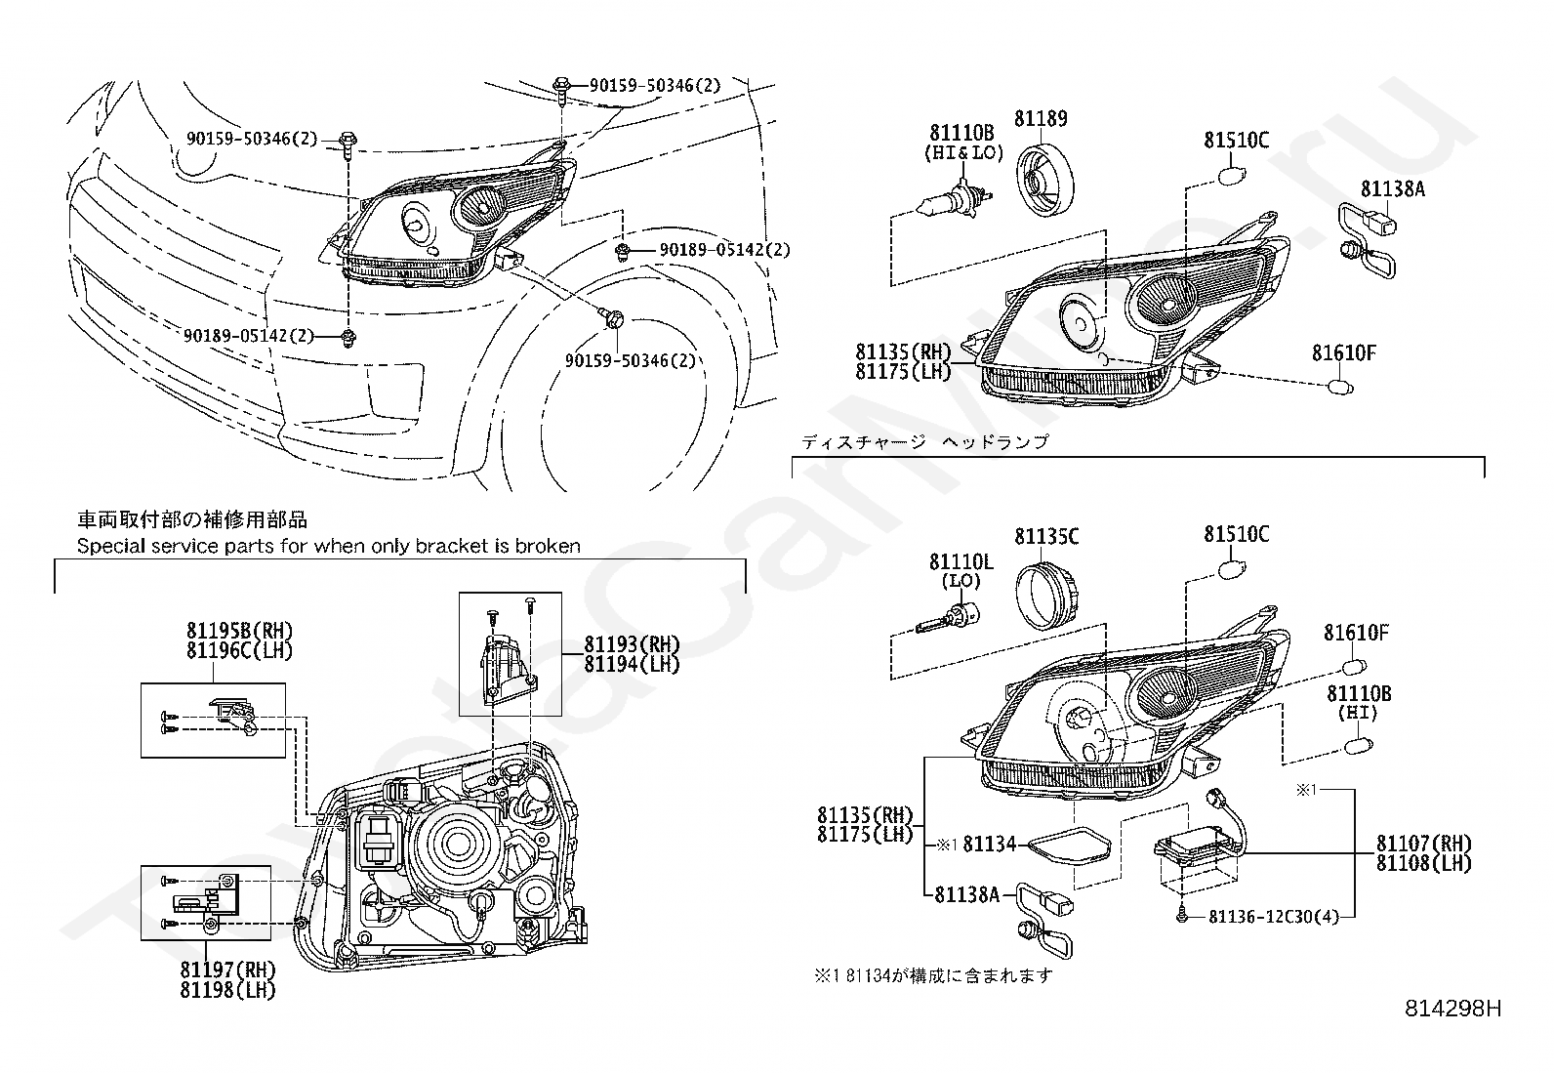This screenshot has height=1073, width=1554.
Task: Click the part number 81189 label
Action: [x=1041, y=119]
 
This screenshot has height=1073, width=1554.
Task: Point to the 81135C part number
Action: [x=1046, y=536]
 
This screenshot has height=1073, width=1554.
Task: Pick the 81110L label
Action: [x=961, y=561]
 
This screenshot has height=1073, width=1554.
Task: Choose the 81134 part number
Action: [x=990, y=844]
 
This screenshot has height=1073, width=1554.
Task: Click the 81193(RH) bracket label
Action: [x=632, y=644]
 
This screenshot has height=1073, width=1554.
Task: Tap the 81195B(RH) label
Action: [x=239, y=631]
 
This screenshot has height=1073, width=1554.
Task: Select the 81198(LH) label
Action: [x=227, y=990]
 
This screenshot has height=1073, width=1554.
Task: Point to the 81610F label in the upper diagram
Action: [x=1343, y=353]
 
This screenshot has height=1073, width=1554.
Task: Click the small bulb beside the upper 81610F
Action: [x=1341, y=388]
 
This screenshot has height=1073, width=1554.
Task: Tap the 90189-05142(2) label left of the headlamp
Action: [x=248, y=336]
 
